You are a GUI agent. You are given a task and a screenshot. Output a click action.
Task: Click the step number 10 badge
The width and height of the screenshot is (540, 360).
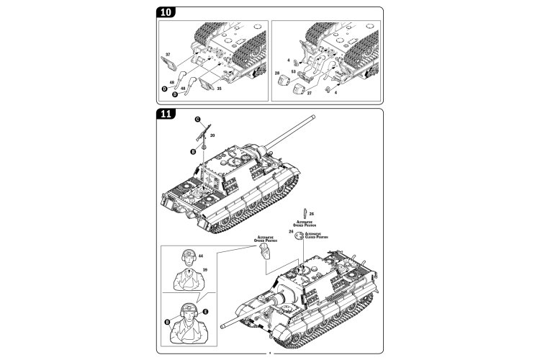coord(166,13)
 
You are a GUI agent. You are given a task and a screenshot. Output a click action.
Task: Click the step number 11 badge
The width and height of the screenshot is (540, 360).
coord(166,114)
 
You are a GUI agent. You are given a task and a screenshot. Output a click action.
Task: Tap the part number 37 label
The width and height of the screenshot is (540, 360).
coord(167,55)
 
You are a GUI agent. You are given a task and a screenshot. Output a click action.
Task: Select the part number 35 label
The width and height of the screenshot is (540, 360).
coord(218,90)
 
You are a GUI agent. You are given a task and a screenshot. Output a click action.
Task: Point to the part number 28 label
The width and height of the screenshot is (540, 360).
coord(277,73)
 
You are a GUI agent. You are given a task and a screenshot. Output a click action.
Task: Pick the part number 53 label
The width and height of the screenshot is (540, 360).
coord(293,72)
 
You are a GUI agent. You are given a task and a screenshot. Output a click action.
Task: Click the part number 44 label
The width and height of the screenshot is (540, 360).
coord(201,256)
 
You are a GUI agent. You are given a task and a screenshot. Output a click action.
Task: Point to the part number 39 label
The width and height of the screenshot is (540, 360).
coord(204,269)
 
